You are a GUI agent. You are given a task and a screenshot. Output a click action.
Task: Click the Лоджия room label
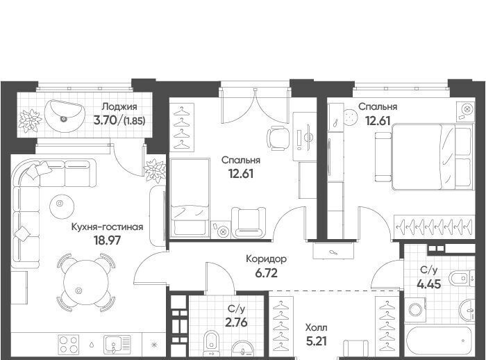(119, 107)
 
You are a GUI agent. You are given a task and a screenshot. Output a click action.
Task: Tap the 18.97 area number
(107, 240)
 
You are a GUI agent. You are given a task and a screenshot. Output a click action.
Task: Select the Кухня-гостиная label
(107, 227)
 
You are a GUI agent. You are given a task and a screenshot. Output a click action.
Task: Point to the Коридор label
(266, 259)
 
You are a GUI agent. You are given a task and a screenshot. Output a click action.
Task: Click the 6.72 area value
(266, 273)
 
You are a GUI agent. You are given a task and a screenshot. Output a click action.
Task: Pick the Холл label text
(316, 327)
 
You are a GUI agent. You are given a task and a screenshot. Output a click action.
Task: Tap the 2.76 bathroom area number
(237, 322)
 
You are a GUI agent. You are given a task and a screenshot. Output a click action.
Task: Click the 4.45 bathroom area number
(429, 284)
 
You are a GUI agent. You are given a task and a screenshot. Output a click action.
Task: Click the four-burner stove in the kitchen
(69, 343)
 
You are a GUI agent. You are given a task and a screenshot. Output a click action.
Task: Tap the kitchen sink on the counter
(117, 344)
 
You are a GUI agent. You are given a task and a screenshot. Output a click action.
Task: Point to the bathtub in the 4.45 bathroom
(439, 341)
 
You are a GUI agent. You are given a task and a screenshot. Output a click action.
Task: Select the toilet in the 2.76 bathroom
(211, 343)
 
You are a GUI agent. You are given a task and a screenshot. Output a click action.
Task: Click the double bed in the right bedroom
(433, 157)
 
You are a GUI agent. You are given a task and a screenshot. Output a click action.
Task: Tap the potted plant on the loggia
(30, 120)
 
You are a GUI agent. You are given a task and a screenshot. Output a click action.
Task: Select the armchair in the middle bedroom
(249, 222)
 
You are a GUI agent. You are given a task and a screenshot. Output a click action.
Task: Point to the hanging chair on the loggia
(65, 116)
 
